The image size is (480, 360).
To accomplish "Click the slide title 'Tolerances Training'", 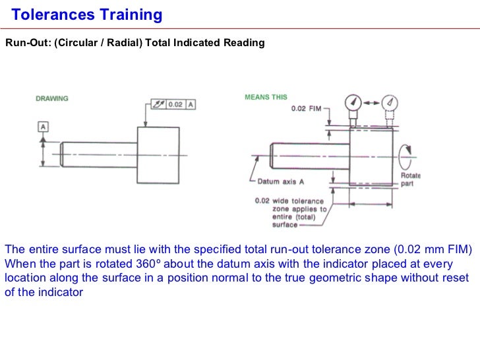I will coord(87,15).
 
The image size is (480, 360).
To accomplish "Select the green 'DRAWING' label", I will coord(51,99).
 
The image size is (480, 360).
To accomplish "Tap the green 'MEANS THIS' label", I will coord(266,97).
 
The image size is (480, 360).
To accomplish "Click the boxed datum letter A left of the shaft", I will coord(43,126).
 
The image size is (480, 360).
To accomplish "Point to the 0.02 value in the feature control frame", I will coord(174,104).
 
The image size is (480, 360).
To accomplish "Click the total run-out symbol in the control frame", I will coord(157,104).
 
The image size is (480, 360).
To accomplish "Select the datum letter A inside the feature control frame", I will coord(191,104).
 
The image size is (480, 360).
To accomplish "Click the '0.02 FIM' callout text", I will coord(306,109).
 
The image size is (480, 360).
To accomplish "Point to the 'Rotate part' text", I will coord(410,179).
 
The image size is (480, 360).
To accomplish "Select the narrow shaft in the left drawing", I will coord(99,153).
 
